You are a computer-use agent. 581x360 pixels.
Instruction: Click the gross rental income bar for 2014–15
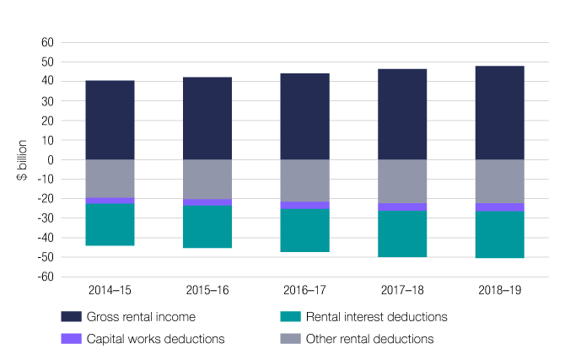[110, 120]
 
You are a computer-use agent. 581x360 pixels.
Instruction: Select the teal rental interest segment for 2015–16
[207, 227]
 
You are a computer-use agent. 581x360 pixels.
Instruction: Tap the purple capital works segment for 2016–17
[304, 205]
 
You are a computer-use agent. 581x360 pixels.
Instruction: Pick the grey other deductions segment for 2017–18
[402, 181]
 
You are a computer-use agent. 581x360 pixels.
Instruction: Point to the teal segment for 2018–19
[499, 234]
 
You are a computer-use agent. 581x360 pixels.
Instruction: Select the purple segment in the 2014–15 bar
[110, 201]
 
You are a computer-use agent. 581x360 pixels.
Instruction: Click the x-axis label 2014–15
[110, 288]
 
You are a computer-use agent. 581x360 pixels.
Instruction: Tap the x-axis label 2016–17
[304, 288]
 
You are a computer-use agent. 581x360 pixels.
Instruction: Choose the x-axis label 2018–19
[499, 288]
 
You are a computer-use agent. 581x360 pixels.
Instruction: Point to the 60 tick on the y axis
[47, 43]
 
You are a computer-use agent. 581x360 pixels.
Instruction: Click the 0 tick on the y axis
[51, 159]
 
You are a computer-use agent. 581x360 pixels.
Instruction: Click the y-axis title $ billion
[22, 159]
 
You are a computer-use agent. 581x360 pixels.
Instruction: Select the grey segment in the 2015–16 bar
[207, 179]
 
